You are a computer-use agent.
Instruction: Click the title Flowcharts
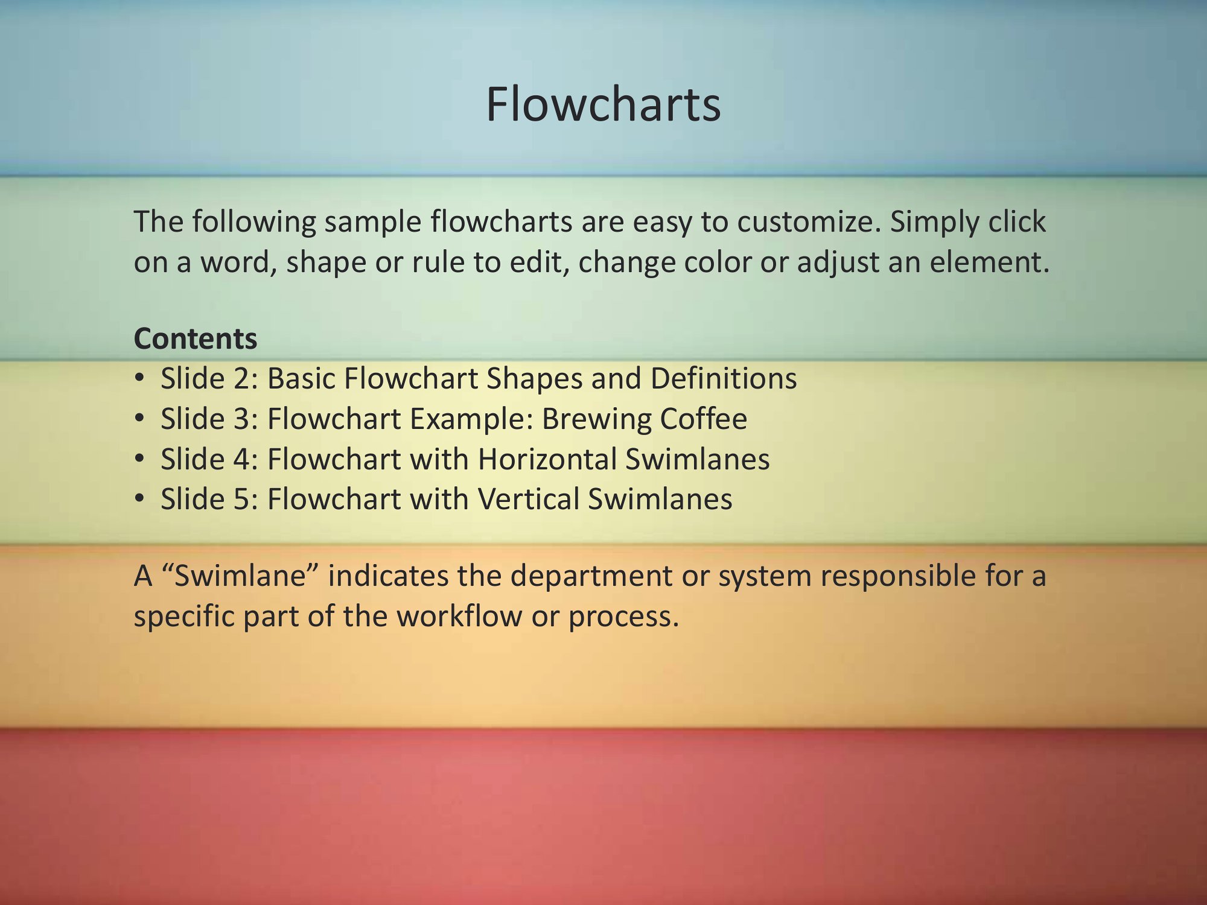point(603,104)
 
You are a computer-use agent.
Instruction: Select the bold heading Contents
point(196,338)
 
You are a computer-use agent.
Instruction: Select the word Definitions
point(724,379)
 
